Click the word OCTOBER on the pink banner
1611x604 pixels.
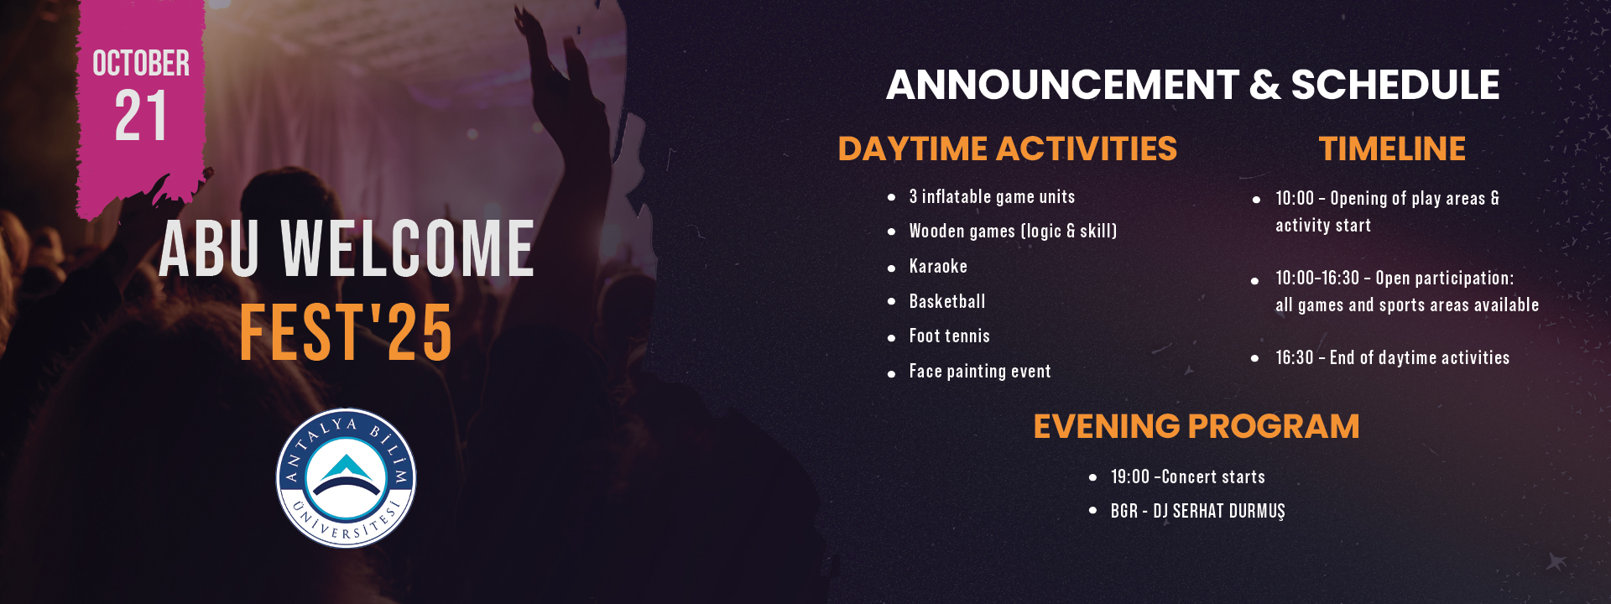tap(141, 64)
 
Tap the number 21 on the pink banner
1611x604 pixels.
tap(141, 116)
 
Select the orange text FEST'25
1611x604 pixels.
tap(346, 333)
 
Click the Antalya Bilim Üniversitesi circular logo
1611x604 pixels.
tap(346, 478)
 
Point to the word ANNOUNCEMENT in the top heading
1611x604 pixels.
tap(1062, 85)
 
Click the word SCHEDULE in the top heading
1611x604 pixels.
tap(1395, 85)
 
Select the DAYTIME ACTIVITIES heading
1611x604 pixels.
tap(1007, 148)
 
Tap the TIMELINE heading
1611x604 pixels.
tap(1392, 148)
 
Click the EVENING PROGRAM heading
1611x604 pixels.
tap(1196, 426)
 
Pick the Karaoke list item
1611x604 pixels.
tap(938, 266)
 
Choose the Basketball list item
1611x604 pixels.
tap(947, 301)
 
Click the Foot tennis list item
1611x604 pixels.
tap(950, 336)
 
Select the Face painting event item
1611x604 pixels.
tap(980, 371)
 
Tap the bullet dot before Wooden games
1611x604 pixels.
tap(891, 232)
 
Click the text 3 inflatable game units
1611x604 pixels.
tap(992, 196)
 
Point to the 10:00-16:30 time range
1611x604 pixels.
tap(1317, 278)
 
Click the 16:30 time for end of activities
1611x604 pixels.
tap(1295, 357)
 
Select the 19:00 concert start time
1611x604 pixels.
tap(1130, 476)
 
